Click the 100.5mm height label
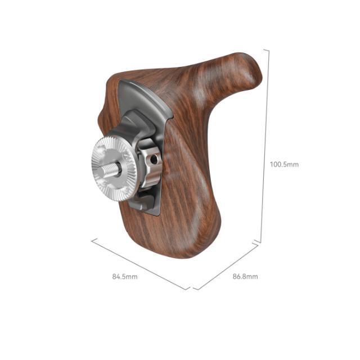(x=284, y=165)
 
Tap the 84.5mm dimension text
(x=125, y=277)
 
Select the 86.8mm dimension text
(x=245, y=277)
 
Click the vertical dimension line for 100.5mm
(x=265, y=146)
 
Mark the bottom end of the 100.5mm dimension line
(x=260, y=242)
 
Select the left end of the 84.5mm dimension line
(x=92, y=240)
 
